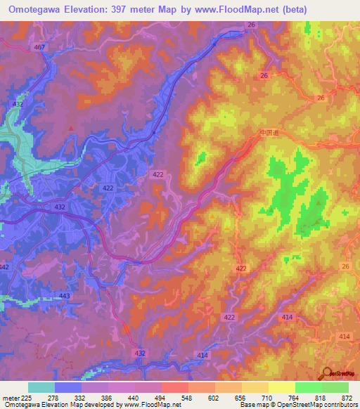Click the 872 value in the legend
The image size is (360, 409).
pyautogui.click(x=347, y=398)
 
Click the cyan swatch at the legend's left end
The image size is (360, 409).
pyautogui.click(x=41, y=387)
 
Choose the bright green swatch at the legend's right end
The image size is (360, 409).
pyautogui.click(x=335, y=387)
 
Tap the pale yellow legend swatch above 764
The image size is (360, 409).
pyautogui.click(x=281, y=387)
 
